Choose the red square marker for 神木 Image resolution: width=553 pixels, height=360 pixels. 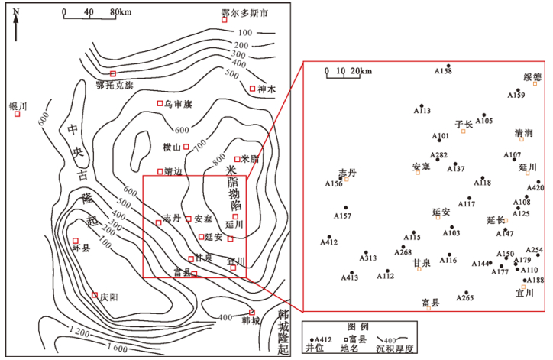[x=253, y=89]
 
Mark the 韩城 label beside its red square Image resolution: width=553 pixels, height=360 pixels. [x=251, y=321]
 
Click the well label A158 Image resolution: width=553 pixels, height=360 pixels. [x=443, y=72]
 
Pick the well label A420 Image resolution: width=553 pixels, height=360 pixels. [x=535, y=188]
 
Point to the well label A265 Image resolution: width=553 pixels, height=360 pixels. [x=464, y=298]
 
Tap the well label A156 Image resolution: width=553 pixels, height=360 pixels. [x=334, y=184]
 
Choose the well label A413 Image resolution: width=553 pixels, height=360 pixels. [x=349, y=277]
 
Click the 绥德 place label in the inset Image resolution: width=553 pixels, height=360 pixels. [x=532, y=77]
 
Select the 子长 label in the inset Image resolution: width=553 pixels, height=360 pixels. [x=464, y=123]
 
